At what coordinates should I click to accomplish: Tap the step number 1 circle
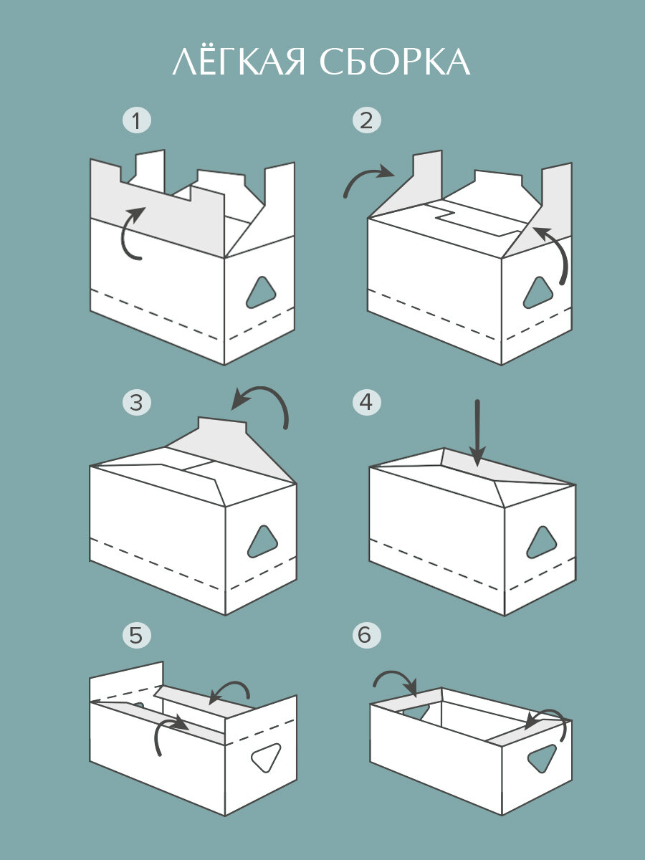click(137, 120)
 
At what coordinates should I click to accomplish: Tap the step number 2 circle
click(366, 120)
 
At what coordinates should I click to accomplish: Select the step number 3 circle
click(137, 402)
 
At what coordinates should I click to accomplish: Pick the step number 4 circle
click(366, 402)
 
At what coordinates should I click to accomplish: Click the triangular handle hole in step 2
click(538, 292)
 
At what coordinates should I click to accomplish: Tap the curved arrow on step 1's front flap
click(131, 233)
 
